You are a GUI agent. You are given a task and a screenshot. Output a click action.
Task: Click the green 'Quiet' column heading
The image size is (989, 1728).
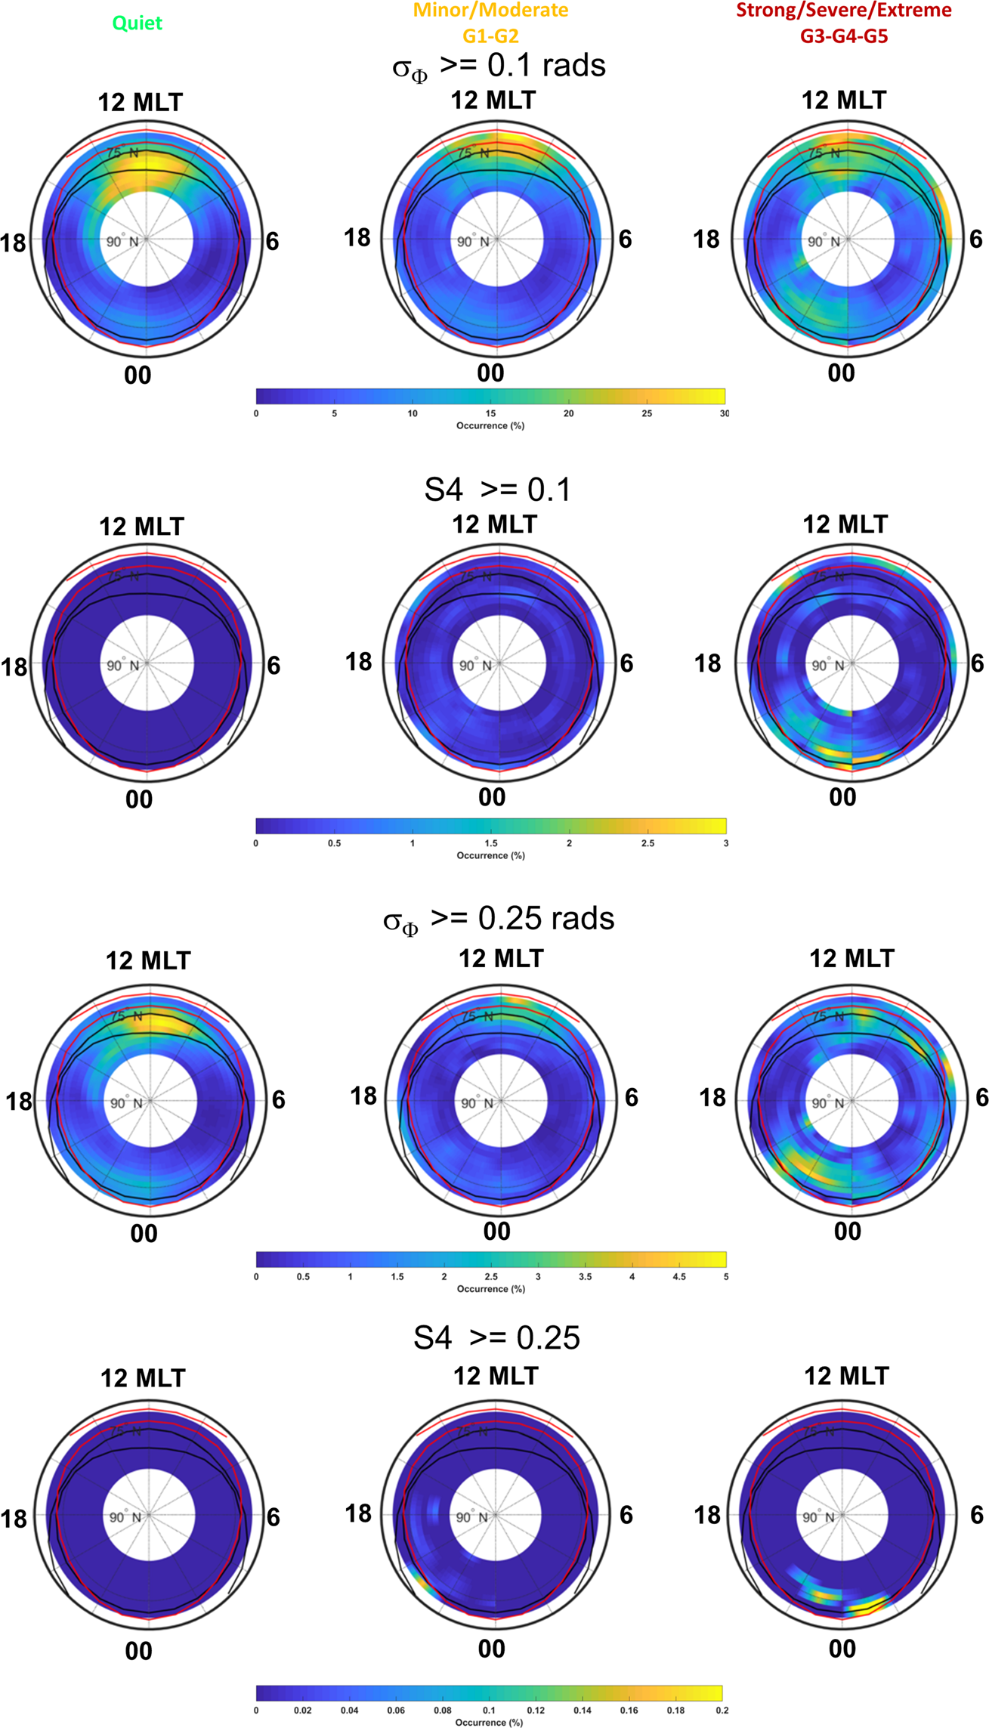(137, 23)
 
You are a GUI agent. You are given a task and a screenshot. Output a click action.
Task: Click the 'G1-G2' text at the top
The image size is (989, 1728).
(490, 36)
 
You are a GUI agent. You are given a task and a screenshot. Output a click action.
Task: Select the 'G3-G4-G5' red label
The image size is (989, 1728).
(844, 36)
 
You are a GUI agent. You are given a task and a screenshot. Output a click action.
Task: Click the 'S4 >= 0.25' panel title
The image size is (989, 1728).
(496, 1337)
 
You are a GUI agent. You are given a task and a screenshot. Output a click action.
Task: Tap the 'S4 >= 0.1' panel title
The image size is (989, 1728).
(498, 490)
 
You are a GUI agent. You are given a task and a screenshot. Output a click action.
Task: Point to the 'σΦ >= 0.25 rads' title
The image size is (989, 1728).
(499, 920)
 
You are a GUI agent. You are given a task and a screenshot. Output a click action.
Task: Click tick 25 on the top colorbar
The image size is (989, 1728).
(647, 413)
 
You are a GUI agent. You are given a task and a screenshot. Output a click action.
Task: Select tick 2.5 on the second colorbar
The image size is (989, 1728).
(647, 843)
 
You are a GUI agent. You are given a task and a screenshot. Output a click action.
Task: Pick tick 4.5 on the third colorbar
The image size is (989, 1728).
(679, 1276)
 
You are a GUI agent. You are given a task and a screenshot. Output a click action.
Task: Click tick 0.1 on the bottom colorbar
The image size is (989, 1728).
(490, 1710)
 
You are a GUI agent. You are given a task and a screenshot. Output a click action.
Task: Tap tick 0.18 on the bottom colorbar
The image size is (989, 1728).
(675, 1710)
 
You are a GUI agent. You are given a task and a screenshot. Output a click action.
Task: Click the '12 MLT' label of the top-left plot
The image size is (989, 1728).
(141, 103)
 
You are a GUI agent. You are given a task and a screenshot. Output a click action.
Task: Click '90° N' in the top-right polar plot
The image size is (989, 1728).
(824, 242)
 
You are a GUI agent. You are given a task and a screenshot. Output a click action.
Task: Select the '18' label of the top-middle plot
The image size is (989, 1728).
(357, 238)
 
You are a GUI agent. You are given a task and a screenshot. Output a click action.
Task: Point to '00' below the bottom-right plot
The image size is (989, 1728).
(842, 1648)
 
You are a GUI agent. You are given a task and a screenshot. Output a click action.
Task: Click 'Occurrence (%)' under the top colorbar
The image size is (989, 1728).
(490, 425)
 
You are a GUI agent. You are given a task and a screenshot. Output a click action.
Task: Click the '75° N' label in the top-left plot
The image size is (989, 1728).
(123, 153)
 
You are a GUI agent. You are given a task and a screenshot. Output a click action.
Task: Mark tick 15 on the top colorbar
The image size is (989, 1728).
(490, 413)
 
